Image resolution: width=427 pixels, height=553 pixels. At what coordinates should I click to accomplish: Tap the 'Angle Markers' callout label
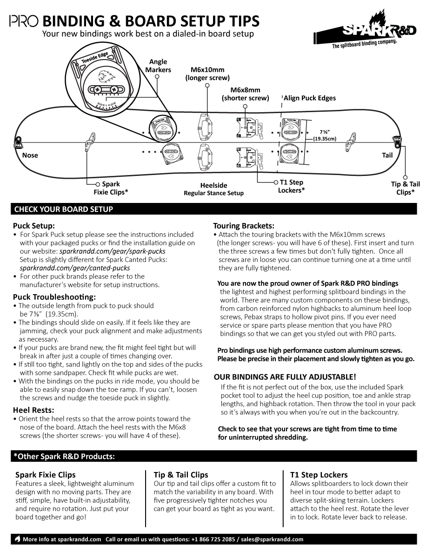(158, 66)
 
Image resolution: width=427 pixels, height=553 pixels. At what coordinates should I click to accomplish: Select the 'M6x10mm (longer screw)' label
(207, 74)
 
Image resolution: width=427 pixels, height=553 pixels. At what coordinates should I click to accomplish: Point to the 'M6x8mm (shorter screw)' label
(245, 94)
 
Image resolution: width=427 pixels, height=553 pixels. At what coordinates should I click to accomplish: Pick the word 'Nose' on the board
(30, 155)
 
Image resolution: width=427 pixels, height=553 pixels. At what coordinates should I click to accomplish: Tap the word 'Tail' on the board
(387, 155)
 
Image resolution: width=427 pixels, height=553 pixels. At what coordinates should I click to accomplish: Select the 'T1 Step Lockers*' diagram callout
(292, 186)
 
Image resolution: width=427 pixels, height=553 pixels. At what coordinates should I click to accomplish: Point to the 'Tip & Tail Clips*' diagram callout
(405, 188)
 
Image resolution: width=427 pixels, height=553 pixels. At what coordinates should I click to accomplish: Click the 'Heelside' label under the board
(213, 185)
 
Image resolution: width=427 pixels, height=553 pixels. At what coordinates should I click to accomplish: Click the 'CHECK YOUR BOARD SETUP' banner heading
(64, 209)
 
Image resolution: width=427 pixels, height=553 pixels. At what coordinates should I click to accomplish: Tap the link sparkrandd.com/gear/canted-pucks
(75, 268)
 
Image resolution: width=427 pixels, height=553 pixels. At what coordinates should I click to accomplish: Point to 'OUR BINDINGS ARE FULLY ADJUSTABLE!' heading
(285, 377)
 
